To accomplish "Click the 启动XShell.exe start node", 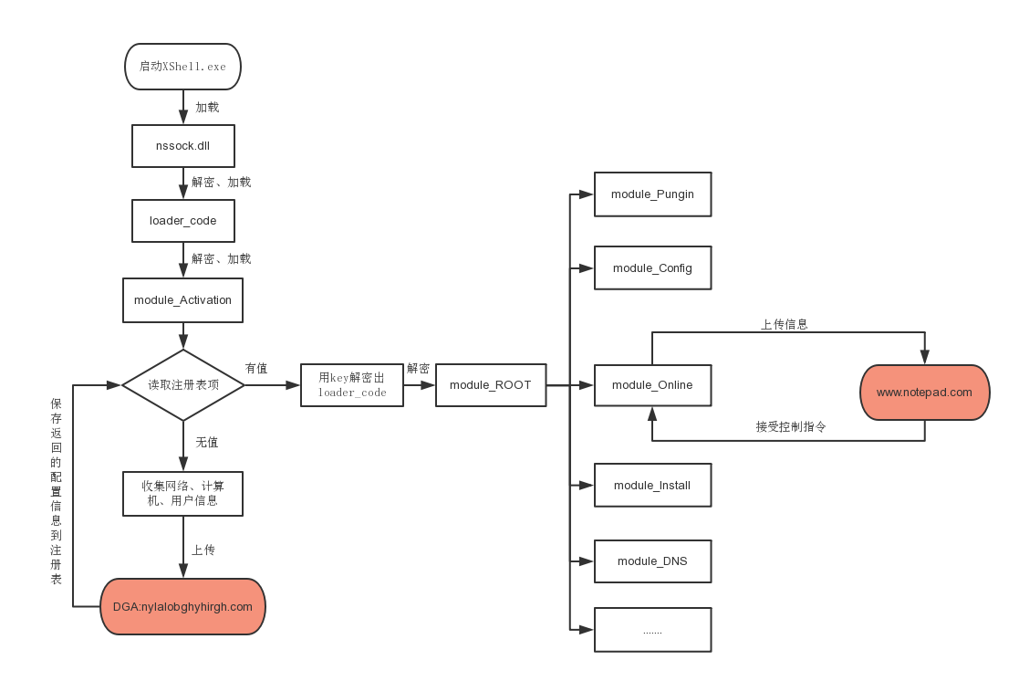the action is (182, 67).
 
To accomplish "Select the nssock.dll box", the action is (183, 146).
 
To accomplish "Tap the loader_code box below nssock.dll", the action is (183, 221).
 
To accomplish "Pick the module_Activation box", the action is (182, 299).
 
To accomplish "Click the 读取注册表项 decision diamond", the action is (183, 385).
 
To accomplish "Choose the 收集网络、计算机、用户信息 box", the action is (182, 494).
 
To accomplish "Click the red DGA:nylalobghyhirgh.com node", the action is (182, 606).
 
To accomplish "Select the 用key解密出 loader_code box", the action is (352, 385).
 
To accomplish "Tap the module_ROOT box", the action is (491, 385).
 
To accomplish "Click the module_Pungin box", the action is (652, 194).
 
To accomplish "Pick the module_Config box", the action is (652, 268).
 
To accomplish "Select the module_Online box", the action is (652, 385).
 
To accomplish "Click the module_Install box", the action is (652, 486).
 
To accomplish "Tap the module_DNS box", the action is (652, 561).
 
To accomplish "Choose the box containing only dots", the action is (652, 630).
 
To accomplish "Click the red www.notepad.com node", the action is (925, 393).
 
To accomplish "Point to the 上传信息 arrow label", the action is (785, 324).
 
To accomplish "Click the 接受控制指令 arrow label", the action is (791, 426).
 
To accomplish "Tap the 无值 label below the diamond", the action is (207, 443).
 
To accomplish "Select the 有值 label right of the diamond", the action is (256, 368).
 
